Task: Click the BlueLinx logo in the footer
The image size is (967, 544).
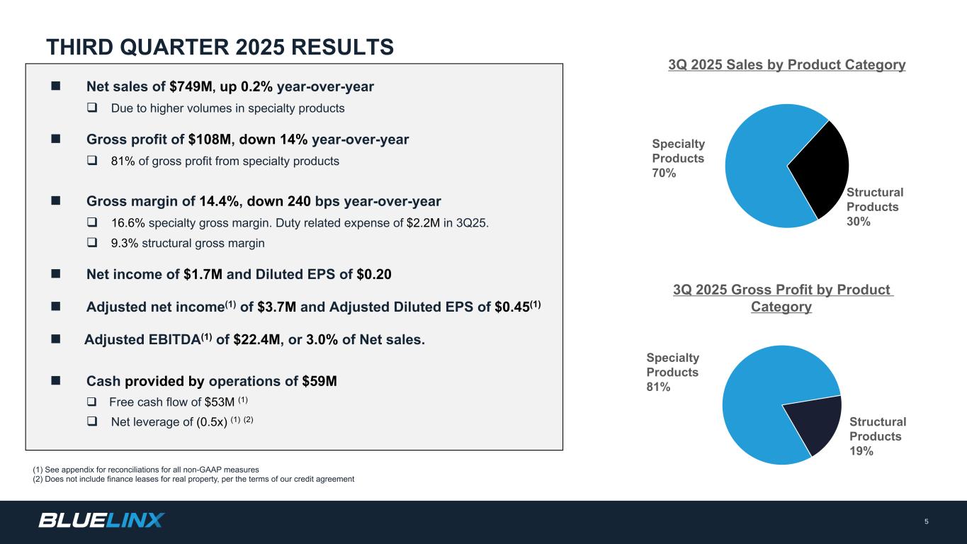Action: [101, 521]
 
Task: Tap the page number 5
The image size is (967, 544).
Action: [926, 522]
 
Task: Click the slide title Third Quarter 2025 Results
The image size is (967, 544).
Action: [220, 47]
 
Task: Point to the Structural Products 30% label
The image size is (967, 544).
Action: [875, 207]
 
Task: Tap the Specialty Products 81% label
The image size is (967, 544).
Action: [672, 373]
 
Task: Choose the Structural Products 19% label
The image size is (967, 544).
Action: [877, 436]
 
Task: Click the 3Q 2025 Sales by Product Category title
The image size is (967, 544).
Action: [787, 65]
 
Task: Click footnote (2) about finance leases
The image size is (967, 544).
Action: [193, 480]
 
